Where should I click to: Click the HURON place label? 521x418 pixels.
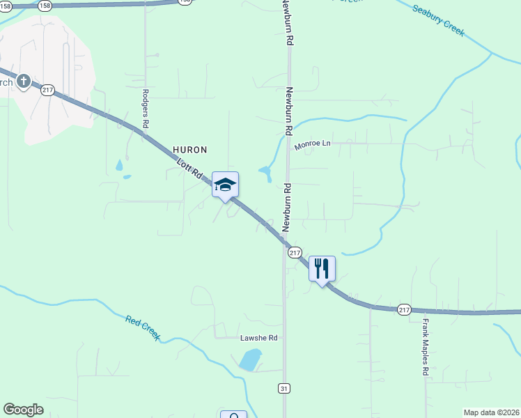(x=190, y=150)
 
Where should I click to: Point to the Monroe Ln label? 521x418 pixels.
(x=311, y=144)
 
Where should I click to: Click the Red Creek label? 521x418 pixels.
(x=143, y=328)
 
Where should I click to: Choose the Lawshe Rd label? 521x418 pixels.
(x=259, y=338)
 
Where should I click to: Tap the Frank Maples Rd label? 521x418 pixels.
(x=425, y=347)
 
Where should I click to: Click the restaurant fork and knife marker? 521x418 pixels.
(x=322, y=268)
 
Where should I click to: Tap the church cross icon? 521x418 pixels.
(x=23, y=82)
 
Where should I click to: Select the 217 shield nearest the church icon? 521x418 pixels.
(x=47, y=91)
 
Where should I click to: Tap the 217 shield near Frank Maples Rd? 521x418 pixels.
(x=405, y=309)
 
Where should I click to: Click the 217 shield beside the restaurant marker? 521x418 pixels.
(x=295, y=252)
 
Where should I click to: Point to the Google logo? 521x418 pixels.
(x=23, y=410)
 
